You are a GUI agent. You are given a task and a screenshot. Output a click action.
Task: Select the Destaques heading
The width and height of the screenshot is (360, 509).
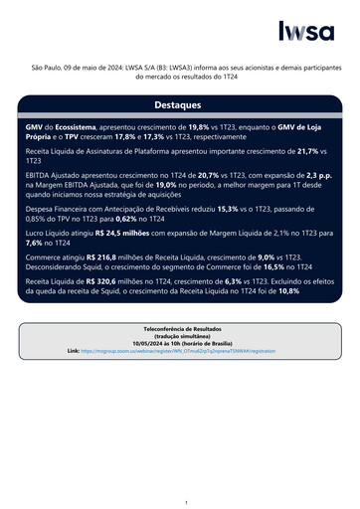click(179, 104)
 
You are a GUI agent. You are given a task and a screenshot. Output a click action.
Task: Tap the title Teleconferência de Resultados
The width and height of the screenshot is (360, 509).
click(180, 327)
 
